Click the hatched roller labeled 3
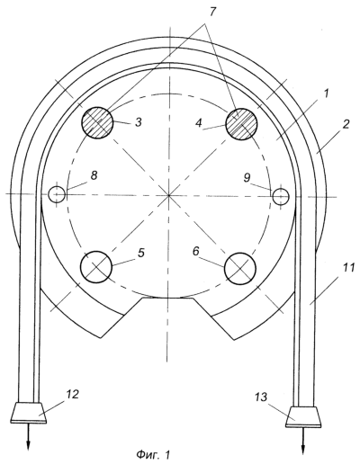[97, 122]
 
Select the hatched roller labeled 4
[241, 124]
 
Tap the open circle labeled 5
[96, 266]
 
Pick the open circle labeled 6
[240, 268]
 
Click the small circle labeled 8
[57, 194]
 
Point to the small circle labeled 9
[281, 197]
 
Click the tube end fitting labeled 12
[29, 413]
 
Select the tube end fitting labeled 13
[303, 416]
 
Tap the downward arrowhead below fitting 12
[28, 444]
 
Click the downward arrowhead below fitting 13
[303, 449]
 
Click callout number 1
[325, 94]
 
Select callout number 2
[346, 124]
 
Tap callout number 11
[348, 267]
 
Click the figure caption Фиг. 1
[153, 455]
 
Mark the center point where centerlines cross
[168, 195]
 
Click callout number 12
[72, 394]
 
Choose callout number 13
[261, 397]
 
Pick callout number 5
[141, 253]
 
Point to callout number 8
[94, 175]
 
